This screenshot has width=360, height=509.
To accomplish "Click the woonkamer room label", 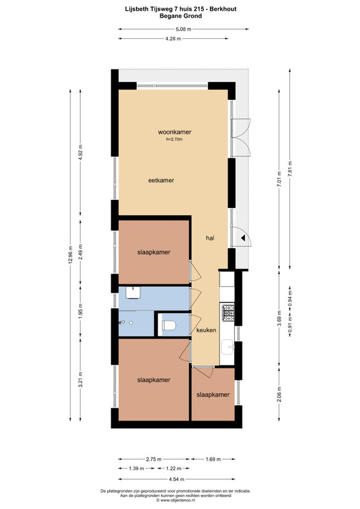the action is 174,132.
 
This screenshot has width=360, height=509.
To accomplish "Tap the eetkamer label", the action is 161,181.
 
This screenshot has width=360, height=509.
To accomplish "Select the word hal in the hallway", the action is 210,238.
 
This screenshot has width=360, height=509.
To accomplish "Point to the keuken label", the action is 206,330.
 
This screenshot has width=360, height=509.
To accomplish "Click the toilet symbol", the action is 168,325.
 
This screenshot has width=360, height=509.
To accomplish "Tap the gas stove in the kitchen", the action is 228,313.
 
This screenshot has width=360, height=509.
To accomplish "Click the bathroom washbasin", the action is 133,292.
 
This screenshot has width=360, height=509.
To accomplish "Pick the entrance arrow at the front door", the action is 243,238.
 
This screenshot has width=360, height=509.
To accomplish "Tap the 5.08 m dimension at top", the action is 183,29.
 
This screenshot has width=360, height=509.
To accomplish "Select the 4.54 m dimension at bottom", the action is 177,479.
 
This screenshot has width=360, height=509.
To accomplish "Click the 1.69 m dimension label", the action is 213,459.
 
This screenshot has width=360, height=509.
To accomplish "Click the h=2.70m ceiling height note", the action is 174,139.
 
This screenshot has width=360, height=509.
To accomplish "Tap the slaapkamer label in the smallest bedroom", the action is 213,394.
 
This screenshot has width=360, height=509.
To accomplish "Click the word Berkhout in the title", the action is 223,9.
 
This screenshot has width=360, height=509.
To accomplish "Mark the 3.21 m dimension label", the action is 81,379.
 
